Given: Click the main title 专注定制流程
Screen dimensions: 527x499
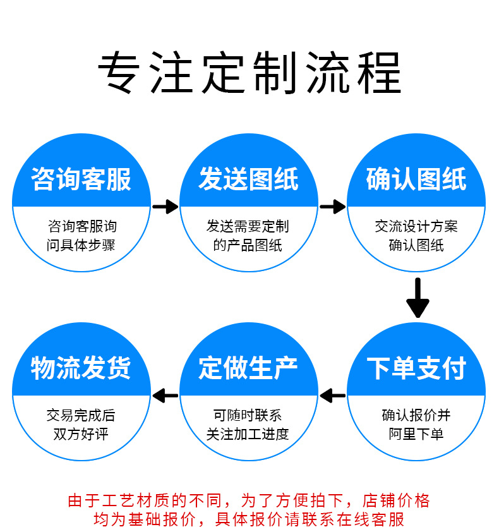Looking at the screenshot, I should click(249, 74).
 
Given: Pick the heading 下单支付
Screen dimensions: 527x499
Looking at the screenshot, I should click(416, 368).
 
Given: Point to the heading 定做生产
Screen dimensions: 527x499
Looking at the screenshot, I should click(248, 368).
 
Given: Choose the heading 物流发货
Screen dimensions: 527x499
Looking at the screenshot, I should click(81, 368).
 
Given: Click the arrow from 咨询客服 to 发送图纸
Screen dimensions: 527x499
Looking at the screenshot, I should click(165, 206).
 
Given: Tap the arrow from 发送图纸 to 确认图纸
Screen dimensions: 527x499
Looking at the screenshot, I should click(332, 206).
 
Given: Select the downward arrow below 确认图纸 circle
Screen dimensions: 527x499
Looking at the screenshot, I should click(418, 298).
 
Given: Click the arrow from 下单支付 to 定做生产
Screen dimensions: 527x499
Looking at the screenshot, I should click(332, 396).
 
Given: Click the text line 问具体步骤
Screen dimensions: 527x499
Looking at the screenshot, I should click(81, 245).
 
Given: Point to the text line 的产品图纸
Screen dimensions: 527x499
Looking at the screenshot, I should click(248, 245).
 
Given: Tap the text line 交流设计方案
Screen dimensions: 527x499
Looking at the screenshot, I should click(416, 226).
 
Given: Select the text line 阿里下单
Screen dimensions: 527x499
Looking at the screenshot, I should click(416, 434).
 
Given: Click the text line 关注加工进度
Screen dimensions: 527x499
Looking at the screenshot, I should click(248, 434).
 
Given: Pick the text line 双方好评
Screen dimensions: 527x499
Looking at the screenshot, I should click(81, 434).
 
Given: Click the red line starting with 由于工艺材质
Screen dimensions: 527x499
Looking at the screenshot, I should click(249, 501).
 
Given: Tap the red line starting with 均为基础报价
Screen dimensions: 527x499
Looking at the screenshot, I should click(249, 519).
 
